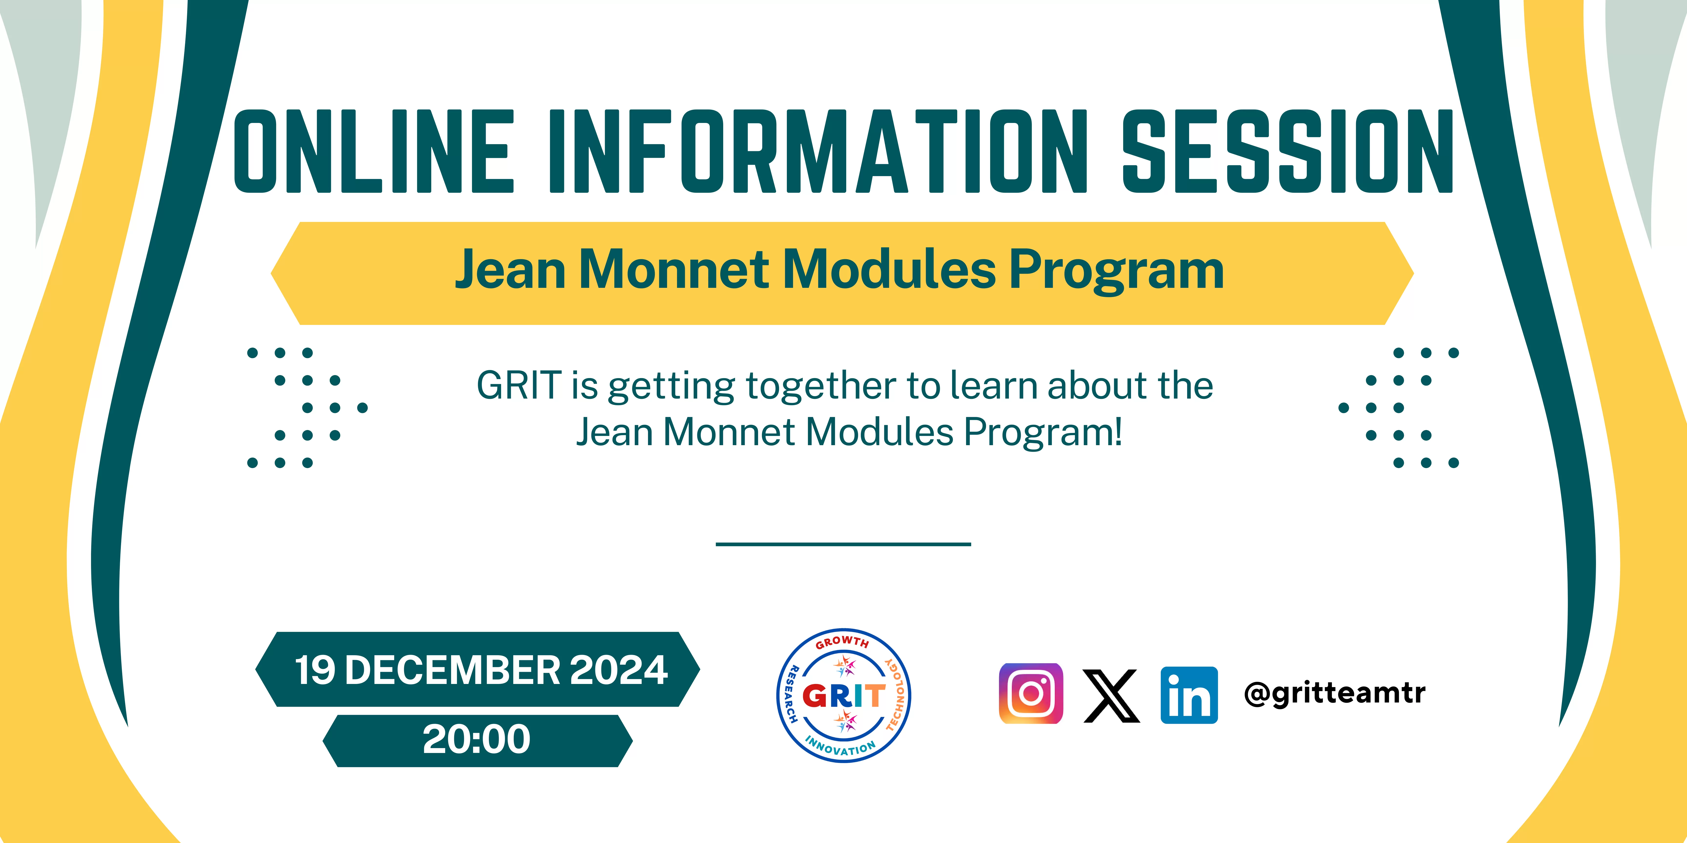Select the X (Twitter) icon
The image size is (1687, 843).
(x=1111, y=696)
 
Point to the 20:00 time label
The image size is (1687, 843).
(x=477, y=740)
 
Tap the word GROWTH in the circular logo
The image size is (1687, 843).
(x=843, y=642)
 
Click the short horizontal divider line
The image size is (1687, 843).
(x=843, y=544)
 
